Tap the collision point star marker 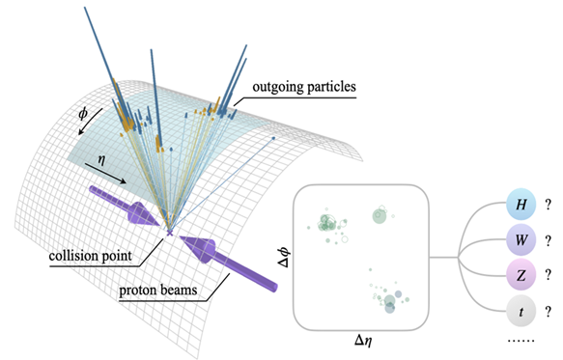(170, 233)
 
